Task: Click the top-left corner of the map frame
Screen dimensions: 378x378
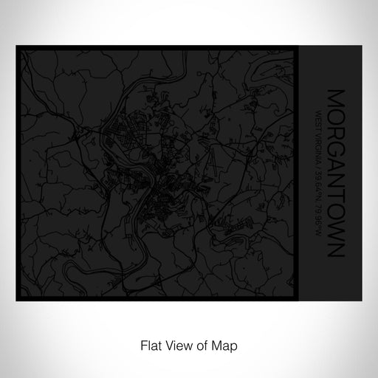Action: (16, 47)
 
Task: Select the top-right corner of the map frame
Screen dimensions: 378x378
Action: (298, 47)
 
